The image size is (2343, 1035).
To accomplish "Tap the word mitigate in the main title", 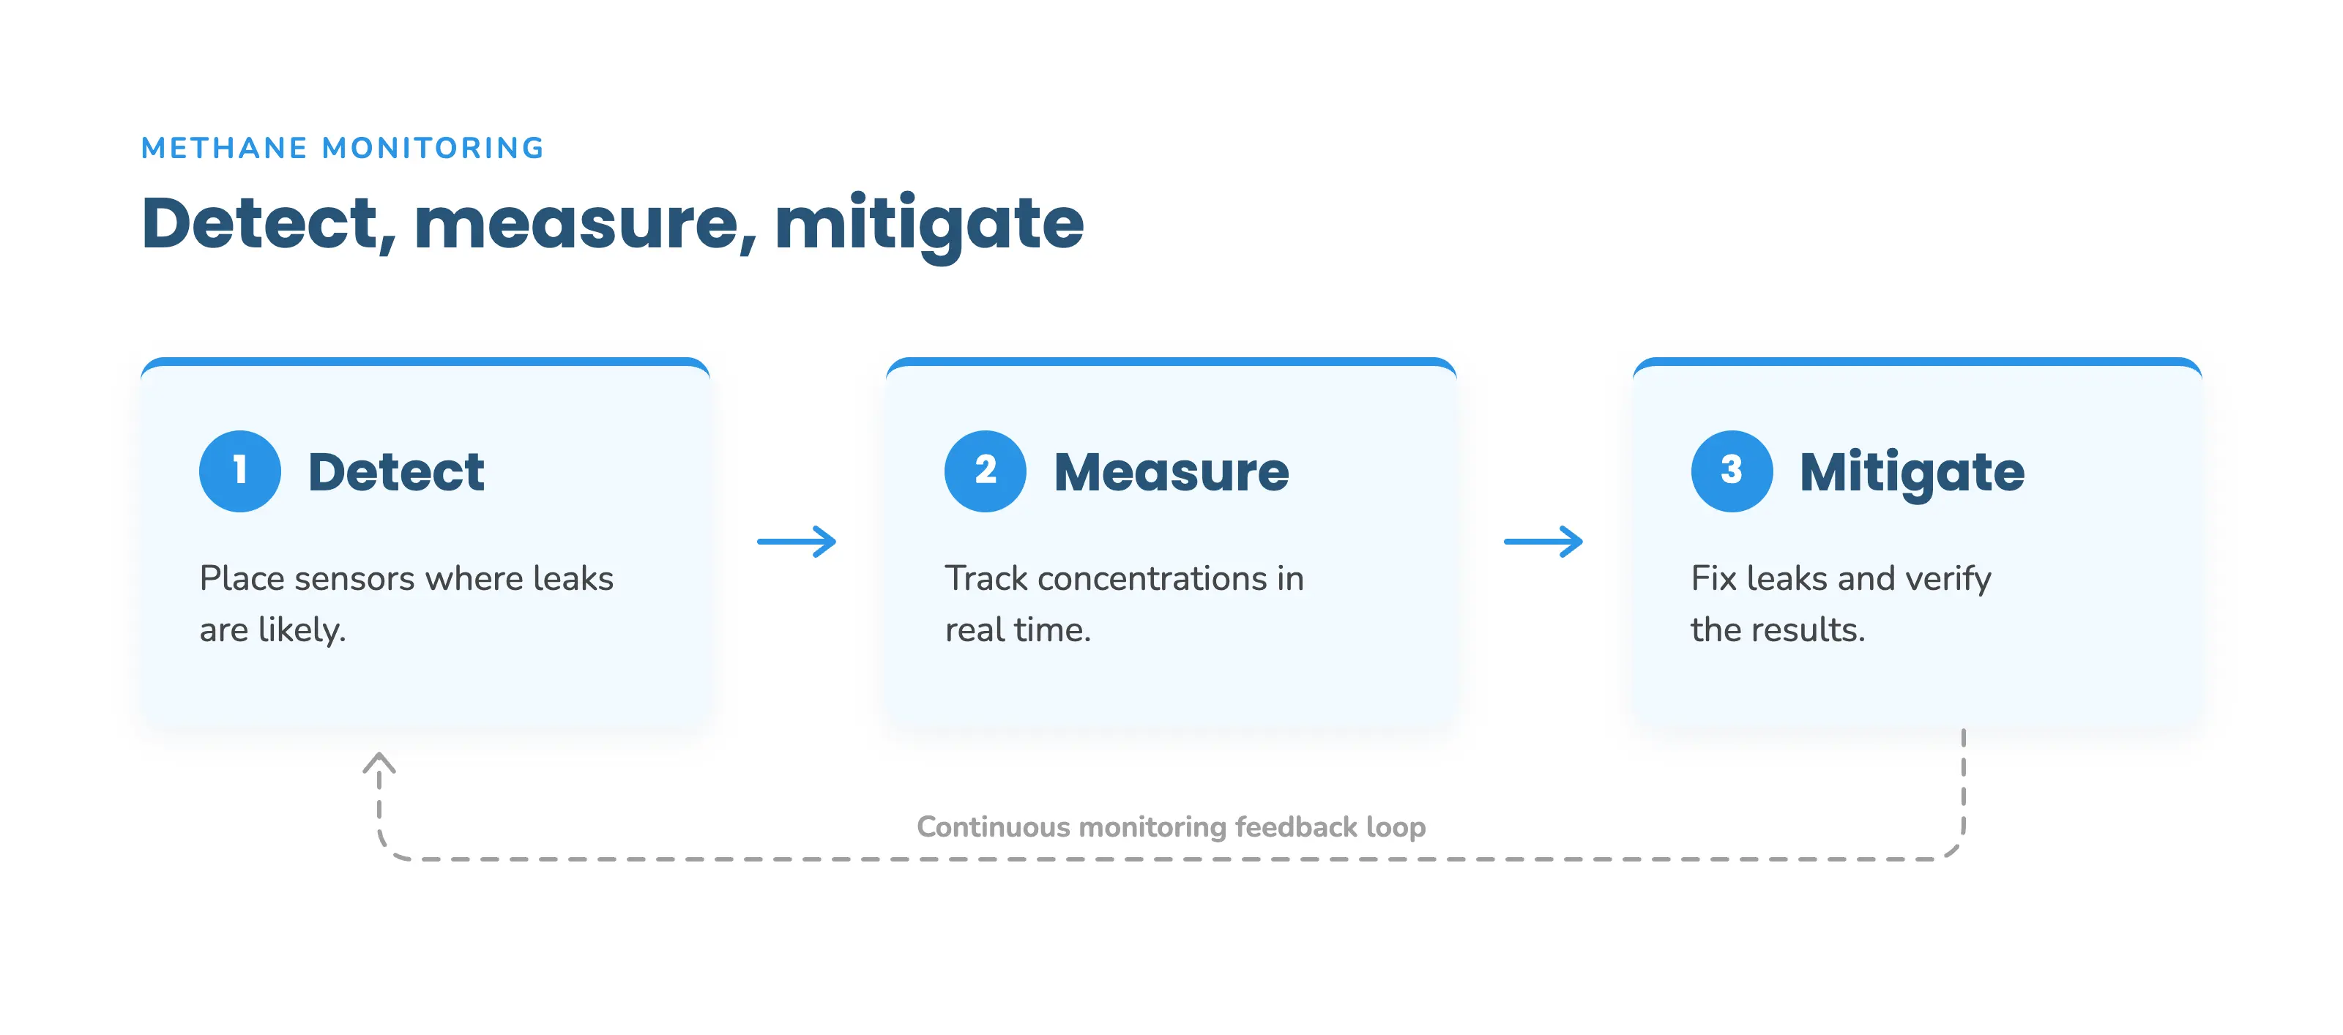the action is coord(928,225).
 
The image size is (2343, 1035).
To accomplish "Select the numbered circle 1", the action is coord(240,471).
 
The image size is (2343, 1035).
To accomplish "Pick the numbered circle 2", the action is coord(985,471).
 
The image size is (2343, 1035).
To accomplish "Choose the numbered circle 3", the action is coord(1732,471).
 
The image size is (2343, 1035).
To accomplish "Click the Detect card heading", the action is coord(397,472).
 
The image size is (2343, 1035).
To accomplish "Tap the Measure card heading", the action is coord(1171,472).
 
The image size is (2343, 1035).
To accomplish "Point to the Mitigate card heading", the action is coord(1912,474).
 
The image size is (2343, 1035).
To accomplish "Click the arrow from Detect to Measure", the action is coord(797,542).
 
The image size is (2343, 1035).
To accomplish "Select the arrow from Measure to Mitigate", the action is coord(1543,542).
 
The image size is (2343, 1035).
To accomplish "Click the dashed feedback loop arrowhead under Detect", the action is coord(379,762).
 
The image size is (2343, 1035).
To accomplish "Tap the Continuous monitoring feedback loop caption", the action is coord(1171,826).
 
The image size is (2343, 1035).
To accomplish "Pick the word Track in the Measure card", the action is coord(986,578).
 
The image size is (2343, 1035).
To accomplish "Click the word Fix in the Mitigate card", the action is coord(1713,578).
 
